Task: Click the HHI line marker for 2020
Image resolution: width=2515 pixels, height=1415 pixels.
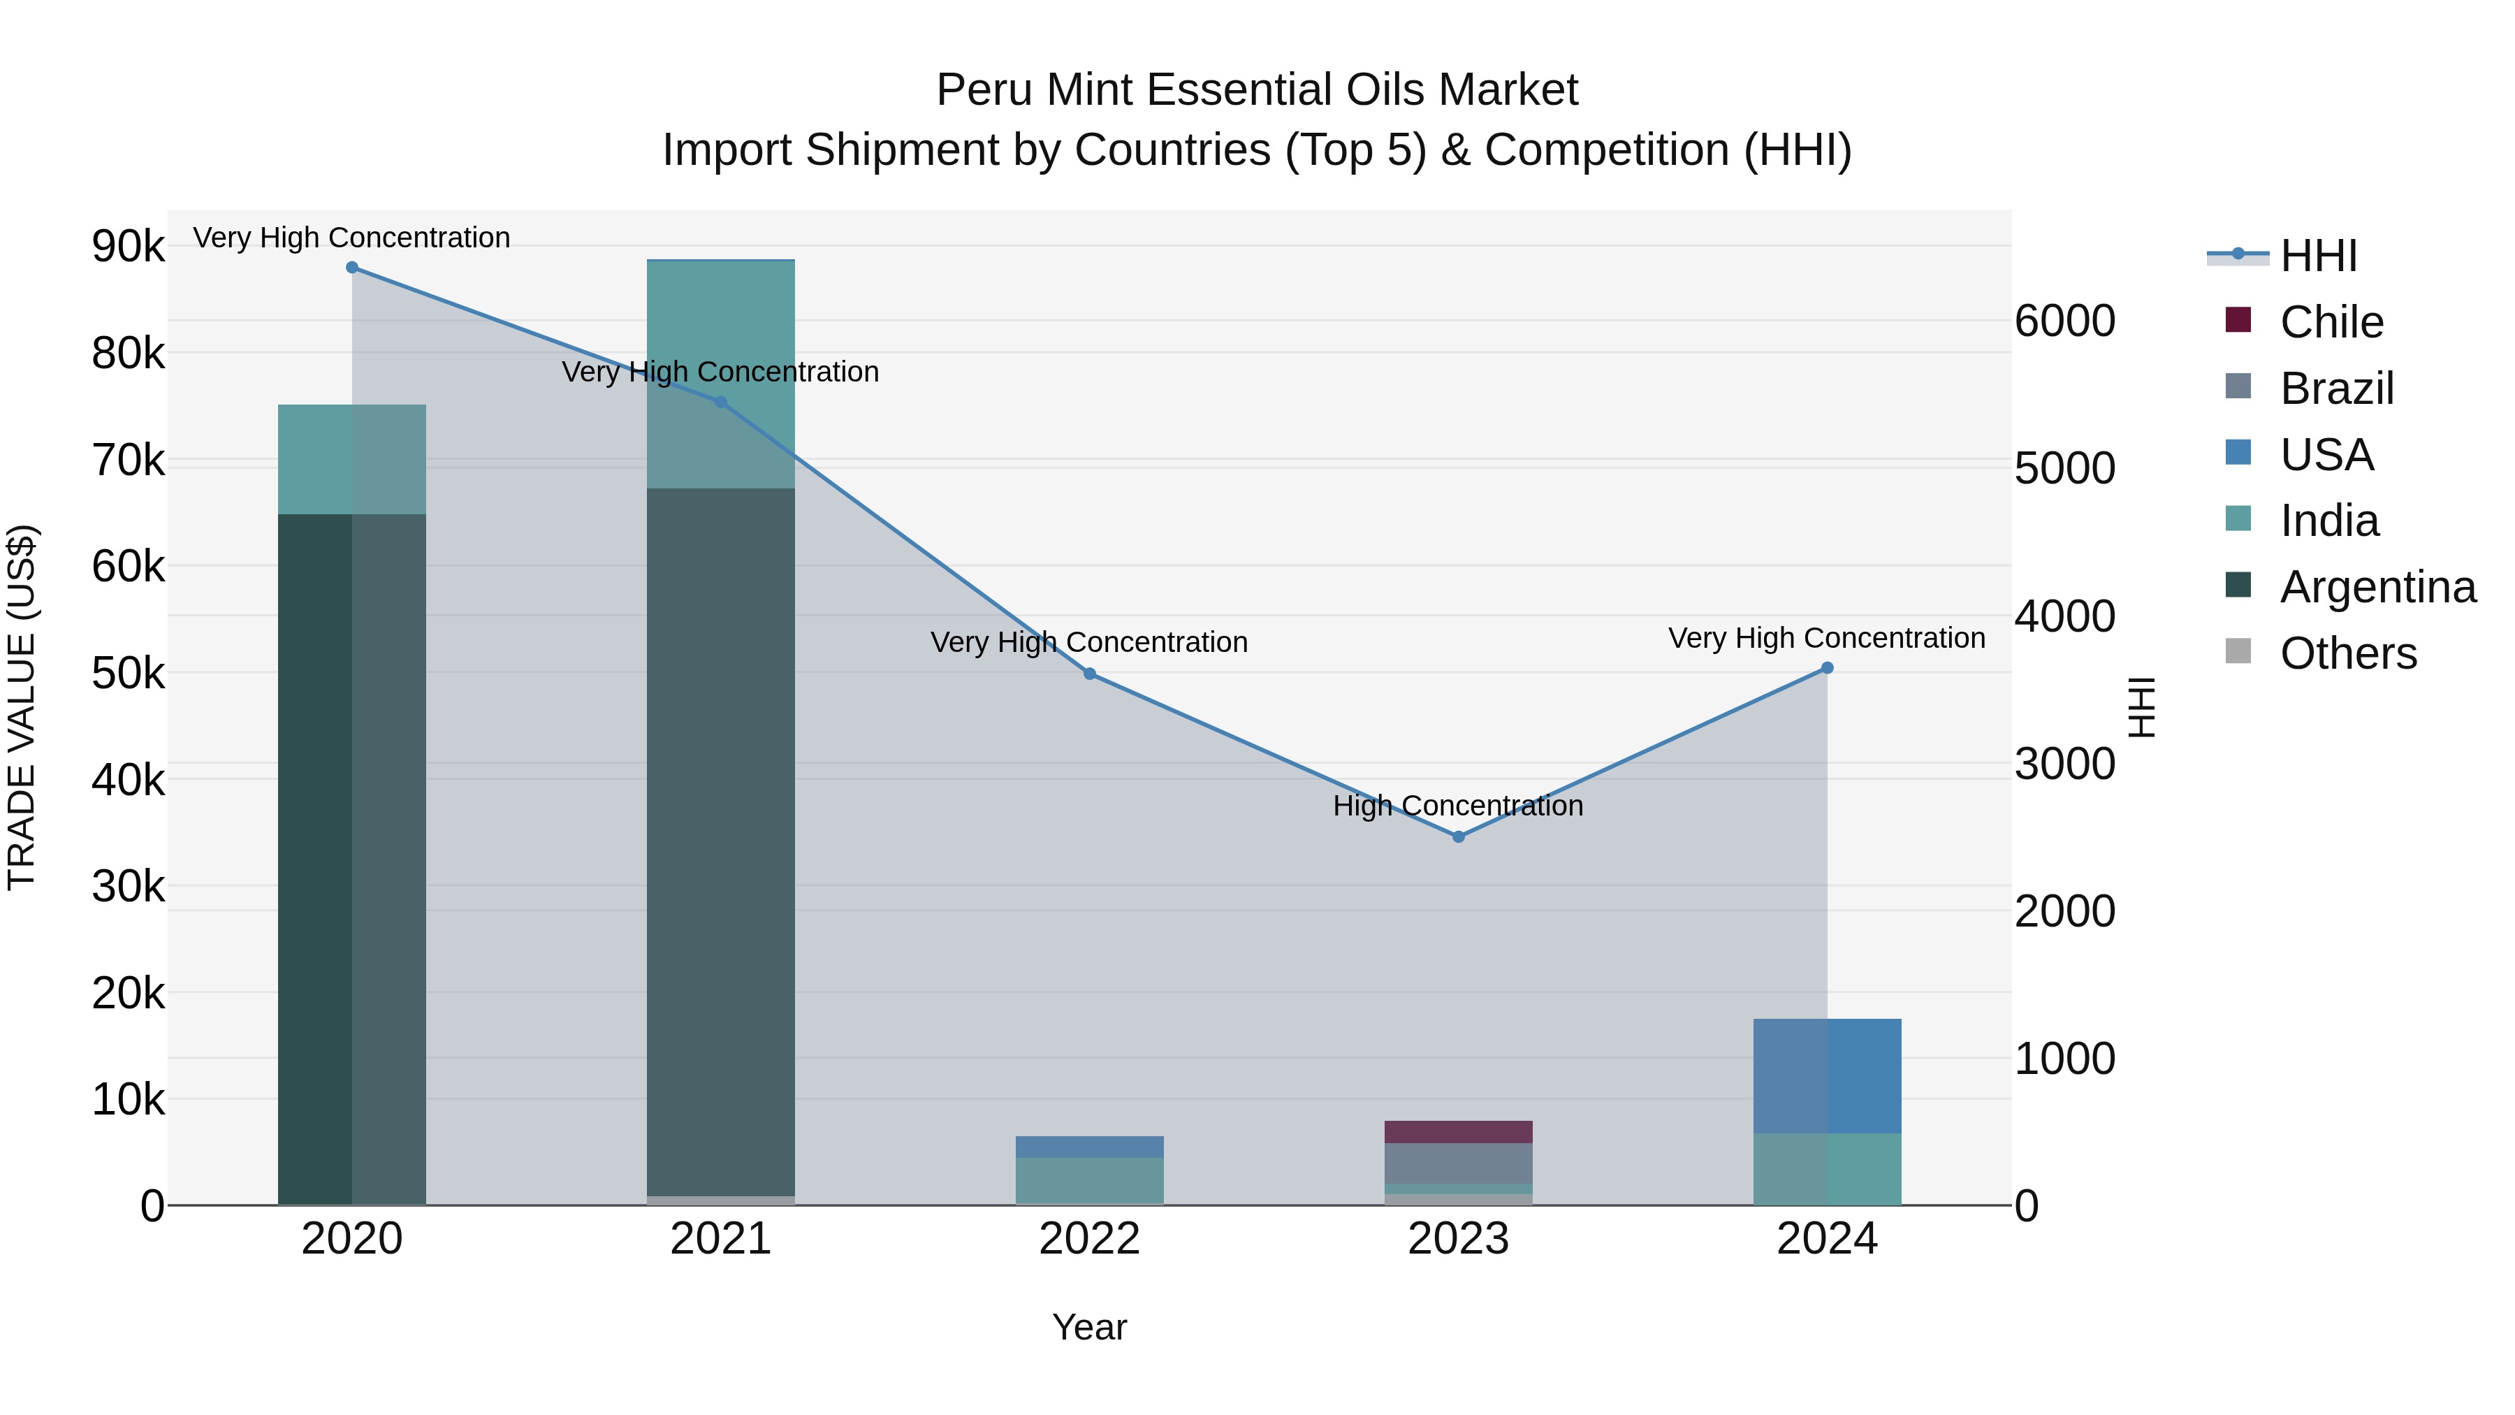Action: click(x=353, y=268)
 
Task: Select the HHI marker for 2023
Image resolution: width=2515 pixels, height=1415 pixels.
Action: click(x=1459, y=837)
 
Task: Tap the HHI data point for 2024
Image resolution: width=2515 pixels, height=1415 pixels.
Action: click(x=1828, y=668)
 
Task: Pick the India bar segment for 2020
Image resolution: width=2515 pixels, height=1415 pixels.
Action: click(x=353, y=459)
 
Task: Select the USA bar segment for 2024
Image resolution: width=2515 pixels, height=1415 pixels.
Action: click(x=1828, y=1076)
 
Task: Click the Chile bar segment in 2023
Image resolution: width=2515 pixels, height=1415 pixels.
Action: click(x=1459, y=1132)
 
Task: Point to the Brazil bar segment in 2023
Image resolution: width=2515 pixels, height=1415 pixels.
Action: click(x=1459, y=1163)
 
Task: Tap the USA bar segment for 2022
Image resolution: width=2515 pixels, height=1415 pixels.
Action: click(x=1090, y=1147)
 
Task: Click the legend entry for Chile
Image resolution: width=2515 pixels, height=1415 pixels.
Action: click(x=2331, y=322)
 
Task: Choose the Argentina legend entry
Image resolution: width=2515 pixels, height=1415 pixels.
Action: click(x=2377, y=587)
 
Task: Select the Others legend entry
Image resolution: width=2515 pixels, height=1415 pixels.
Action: click(x=2348, y=653)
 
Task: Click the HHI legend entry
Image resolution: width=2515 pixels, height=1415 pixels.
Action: click(x=2319, y=256)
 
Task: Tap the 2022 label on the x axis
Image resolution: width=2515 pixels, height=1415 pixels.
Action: click(x=1090, y=1239)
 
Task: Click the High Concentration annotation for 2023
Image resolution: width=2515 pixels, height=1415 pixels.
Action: click(x=1459, y=806)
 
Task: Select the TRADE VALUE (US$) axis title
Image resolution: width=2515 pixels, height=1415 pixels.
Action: click(x=22, y=707)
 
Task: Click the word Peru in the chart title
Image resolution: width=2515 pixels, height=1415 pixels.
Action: click(x=984, y=90)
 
